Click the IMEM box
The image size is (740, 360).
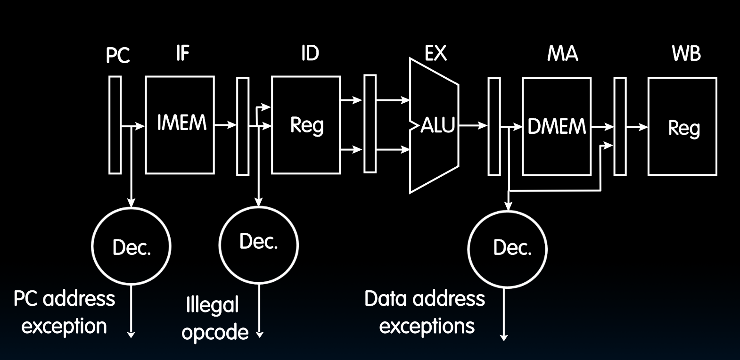click(x=180, y=125)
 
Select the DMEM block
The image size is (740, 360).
click(x=556, y=126)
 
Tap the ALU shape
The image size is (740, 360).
click(x=434, y=126)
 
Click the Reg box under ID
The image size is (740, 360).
click(x=306, y=125)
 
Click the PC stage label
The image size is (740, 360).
click(x=117, y=56)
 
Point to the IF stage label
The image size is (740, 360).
click(x=182, y=53)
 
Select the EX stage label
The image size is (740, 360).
click(x=435, y=53)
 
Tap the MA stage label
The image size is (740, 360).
click(x=562, y=54)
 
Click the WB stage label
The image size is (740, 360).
click(x=686, y=53)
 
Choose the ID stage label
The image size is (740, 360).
click(x=310, y=53)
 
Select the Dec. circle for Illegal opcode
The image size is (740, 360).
click(x=259, y=244)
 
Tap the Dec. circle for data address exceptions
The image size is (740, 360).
click(x=507, y=248)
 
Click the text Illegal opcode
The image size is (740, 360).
click(x=215, y=318)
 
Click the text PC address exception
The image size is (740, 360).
click(x=64, y=312)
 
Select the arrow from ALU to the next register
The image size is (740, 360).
click(x=473, y=125)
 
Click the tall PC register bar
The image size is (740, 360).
click(x=115, y=125)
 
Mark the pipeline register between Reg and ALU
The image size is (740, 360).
click(x=370, y=124)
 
